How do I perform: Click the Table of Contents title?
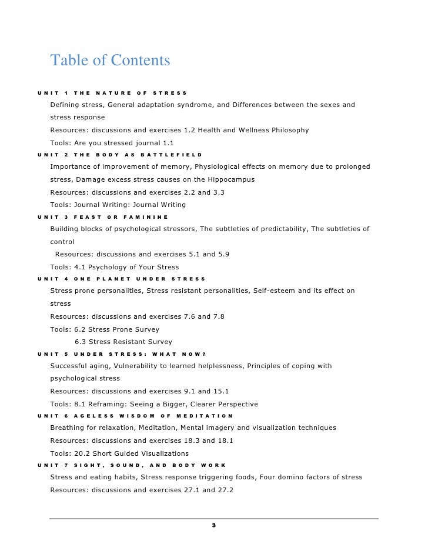pos(110,61)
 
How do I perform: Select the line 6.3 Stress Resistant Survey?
pos(123,342)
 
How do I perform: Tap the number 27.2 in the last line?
pos(224,489)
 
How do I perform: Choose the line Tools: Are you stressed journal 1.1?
pos(112,142)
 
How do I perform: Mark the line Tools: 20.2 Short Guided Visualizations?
pos(119,453)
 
